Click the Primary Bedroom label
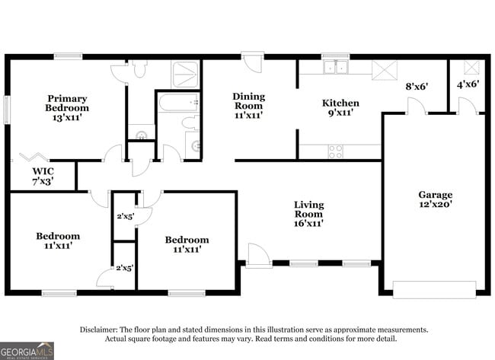point(67,108)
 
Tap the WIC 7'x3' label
point(43,176)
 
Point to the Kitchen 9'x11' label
point(340,107)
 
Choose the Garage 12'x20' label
point(435,199)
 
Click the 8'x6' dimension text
point(417,86)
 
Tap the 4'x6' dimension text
point(467,84)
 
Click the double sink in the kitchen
point(334,68)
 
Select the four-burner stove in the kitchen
point(335,151)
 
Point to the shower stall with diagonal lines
point(186,74)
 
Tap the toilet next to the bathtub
point(190,123)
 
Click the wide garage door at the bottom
point(434,289)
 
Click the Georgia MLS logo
point(27,350)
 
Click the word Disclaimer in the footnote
point(104,330)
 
